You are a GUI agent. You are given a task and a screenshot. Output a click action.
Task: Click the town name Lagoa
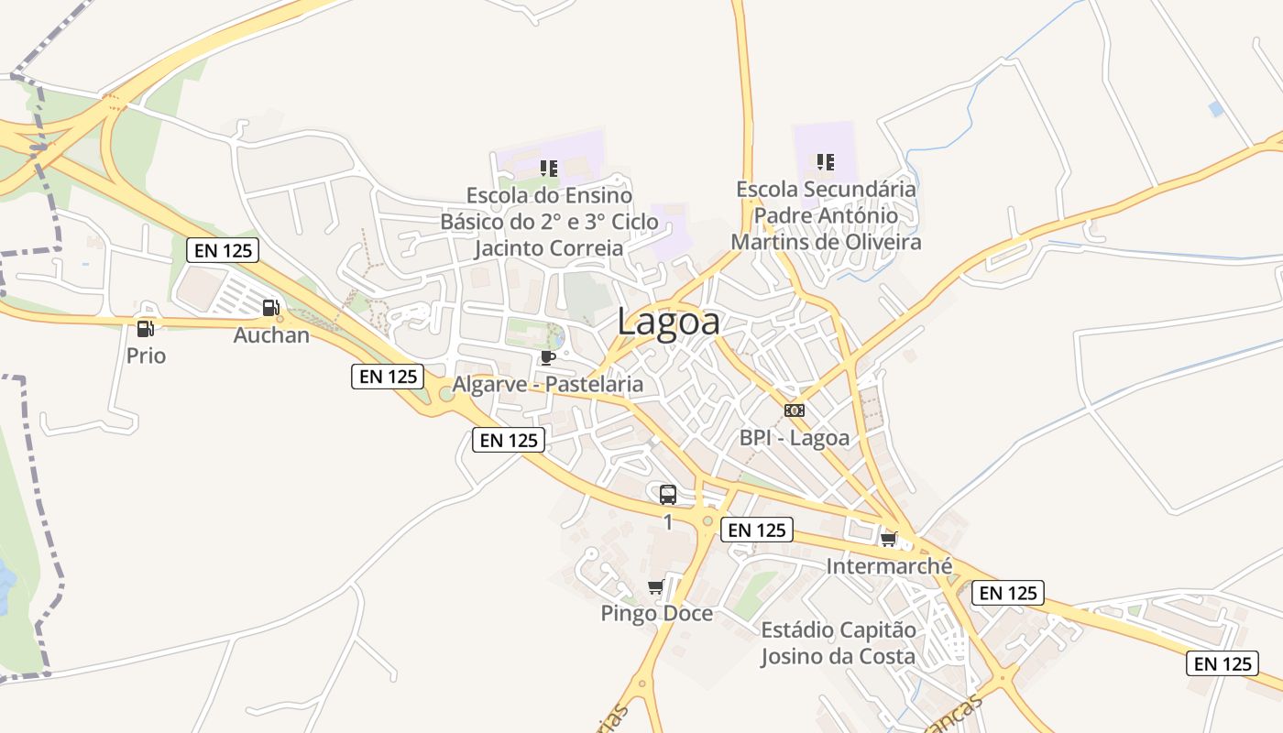tap(668, 322)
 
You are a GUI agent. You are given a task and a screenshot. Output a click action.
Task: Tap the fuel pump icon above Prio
tap(146, 329)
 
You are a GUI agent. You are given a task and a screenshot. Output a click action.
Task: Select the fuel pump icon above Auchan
tap(270, 308)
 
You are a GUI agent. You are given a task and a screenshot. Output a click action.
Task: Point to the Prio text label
tap(147, 356)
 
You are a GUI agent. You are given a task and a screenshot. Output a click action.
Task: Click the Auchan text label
tap(271, 334)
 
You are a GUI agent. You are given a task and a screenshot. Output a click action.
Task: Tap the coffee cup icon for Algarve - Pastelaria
tap(547, 356)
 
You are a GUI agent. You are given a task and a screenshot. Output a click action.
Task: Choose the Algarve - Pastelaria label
tap(548, 384)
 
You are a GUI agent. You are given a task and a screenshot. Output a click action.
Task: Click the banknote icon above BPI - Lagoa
tap(795, 410)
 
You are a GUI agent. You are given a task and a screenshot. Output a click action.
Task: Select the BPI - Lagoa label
tap(795, 438)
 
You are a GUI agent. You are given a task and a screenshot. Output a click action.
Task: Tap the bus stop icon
tap(668, 495)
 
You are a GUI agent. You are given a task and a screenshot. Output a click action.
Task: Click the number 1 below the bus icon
tap(668, 522)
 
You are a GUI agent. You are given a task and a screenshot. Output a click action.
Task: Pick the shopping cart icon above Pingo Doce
tap(655, 586)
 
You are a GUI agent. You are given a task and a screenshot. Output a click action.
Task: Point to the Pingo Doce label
tap(656, 613)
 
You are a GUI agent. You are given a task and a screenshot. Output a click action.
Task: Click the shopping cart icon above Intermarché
tap(888, 539)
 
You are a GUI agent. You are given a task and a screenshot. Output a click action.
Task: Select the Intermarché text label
tap(889, 566)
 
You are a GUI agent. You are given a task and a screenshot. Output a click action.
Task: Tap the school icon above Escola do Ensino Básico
tap(549, 168)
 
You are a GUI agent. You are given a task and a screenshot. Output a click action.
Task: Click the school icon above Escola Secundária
tap(826, 162)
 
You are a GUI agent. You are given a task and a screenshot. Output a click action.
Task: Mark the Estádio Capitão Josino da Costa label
tap(838, 643)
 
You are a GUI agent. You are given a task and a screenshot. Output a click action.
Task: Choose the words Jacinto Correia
tap(549, 247)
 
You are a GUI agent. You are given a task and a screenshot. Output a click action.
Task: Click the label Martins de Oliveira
tap(826, 242)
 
